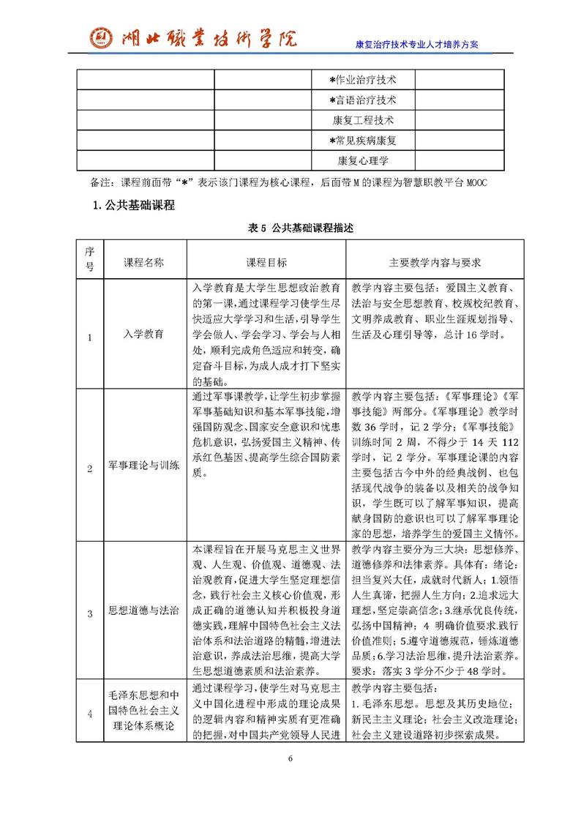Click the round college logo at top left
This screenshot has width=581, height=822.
[102, 37]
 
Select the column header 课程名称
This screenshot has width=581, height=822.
[143, 261]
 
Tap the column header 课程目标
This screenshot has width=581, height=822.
[266, 261]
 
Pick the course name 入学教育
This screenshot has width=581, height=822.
[143, 335]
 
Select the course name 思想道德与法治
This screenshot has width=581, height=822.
[143, 611]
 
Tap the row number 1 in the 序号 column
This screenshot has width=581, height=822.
[90, 337]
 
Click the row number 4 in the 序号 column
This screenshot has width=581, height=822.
[90, 714]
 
